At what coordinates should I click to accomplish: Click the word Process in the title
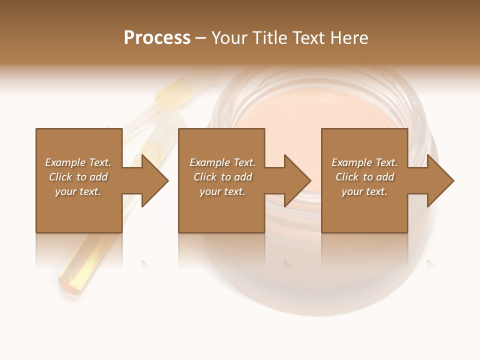point(157,38)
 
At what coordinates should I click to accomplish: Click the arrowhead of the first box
point(155,180)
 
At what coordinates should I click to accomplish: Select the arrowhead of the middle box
point(298,180)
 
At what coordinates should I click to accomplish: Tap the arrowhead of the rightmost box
point(440,180)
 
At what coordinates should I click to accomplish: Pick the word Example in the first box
point(65,162)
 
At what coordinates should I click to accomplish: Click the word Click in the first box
point(61,177)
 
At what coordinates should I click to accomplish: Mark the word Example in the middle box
point(209,162)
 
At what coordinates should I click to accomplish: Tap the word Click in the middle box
point(205,177)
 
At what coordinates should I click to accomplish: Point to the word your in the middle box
point(210,191)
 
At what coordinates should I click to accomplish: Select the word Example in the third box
point(351,162)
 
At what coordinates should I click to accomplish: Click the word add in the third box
point(384,177)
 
